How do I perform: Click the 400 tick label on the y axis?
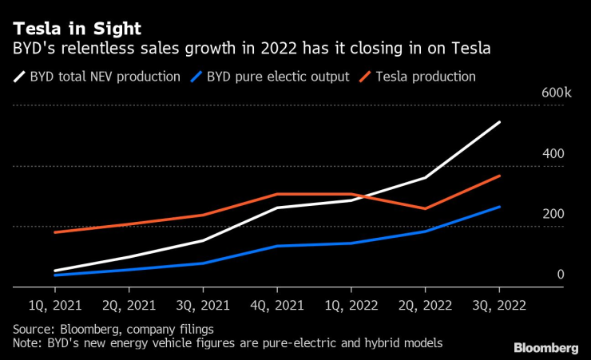point(554,153)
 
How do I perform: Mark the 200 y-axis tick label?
point(554,214)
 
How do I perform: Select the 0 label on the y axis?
point(560,275)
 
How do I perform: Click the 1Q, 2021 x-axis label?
point(54,305)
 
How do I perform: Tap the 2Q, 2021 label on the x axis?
point(129,305)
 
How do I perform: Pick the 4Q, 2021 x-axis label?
point(277,305)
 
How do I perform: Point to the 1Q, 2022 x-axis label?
point(351,305)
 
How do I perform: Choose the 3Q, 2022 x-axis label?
point(499,305)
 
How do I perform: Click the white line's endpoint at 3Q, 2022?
point(499,122)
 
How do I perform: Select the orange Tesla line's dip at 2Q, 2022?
point(425,208)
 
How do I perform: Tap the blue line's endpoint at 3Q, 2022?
point(499,207)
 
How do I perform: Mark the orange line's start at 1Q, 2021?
point(54,232)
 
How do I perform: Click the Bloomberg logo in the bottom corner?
point(546,347)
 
